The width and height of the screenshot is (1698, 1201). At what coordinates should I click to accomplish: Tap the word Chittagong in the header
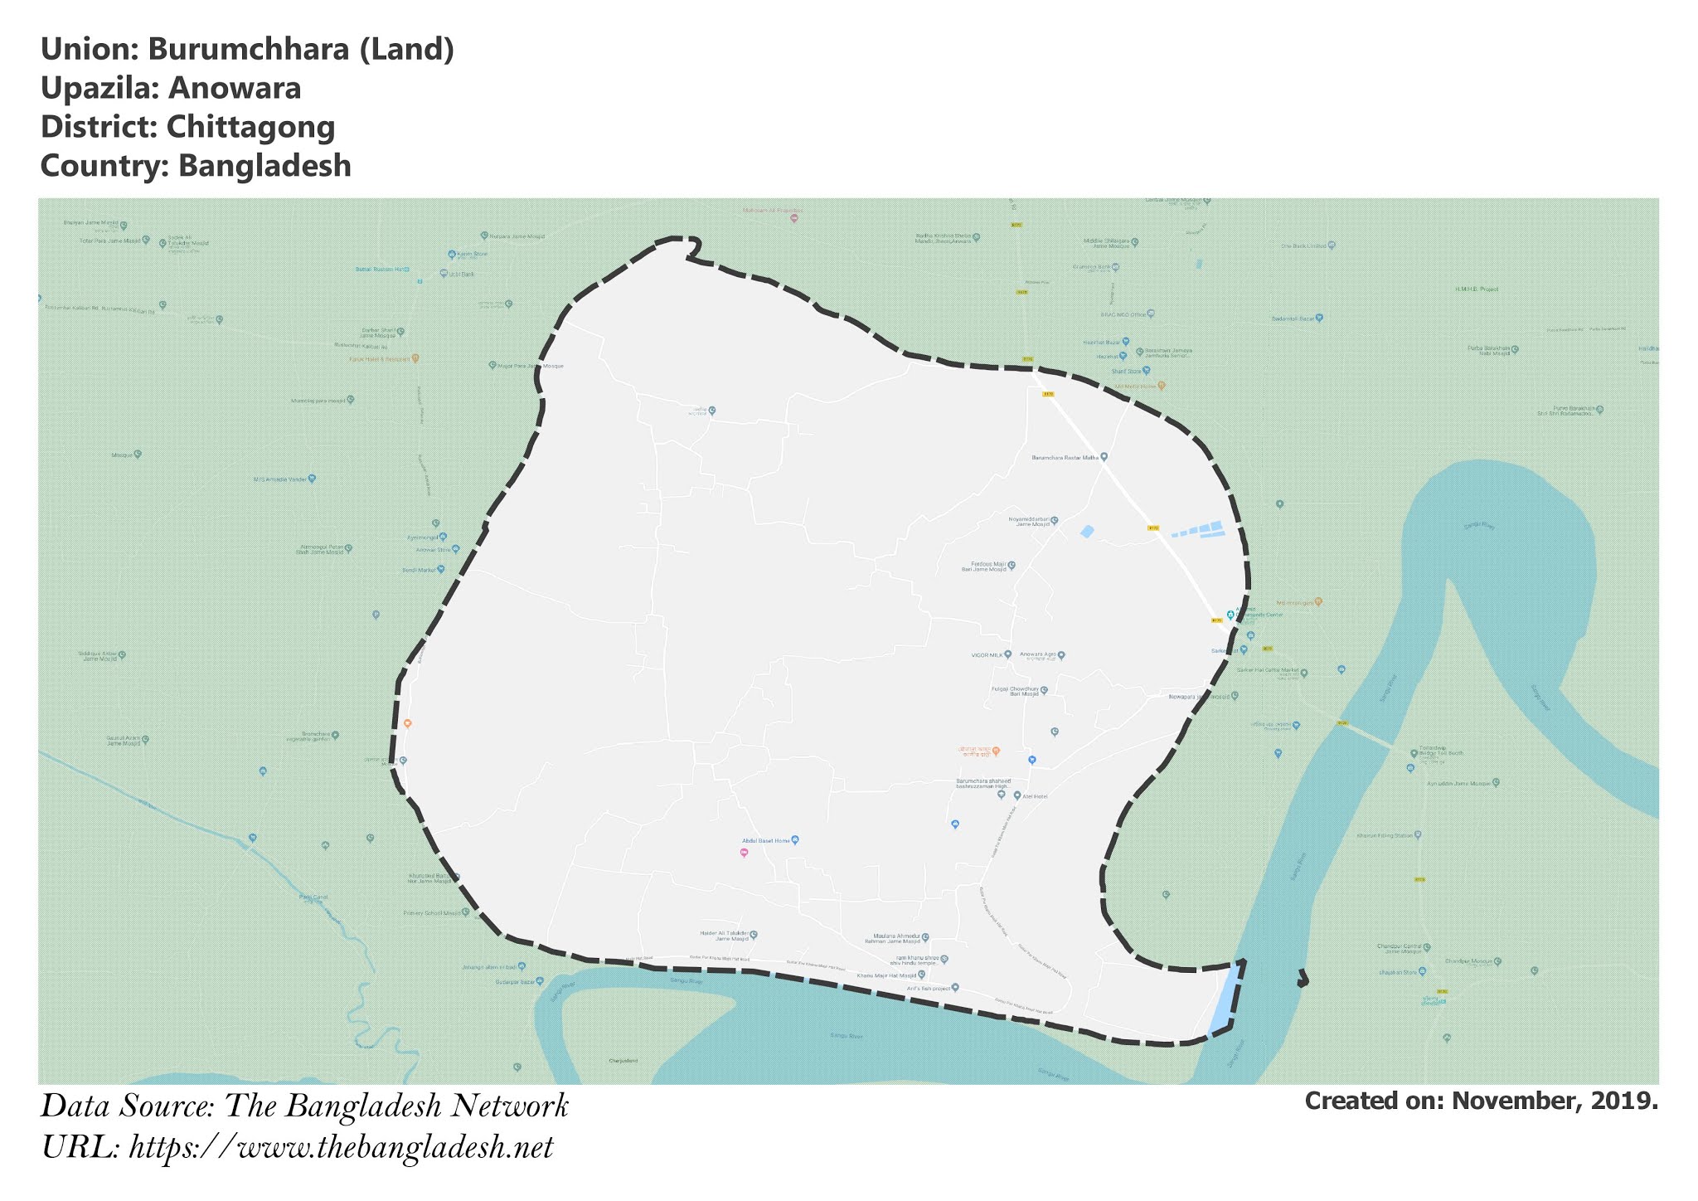[x=250, y=127]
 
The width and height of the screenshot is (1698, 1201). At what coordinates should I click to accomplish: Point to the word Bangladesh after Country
[x=264, y=166]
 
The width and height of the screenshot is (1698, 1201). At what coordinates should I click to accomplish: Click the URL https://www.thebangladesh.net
[x=341, y=1148]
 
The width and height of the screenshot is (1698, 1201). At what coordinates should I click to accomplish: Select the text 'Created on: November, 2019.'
[x=1481, y=1101]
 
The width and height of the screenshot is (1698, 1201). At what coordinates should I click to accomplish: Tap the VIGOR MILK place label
[x=987, y=655]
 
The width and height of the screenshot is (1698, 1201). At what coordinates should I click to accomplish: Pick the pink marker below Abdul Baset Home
[x=744, y=853]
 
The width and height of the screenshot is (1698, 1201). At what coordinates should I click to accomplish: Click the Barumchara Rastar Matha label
[x=1065, y=457]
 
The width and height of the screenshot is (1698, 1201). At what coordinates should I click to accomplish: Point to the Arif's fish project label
[x=929, y=988]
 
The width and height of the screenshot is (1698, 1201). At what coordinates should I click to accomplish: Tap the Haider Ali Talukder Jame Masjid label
[x=725, y=936]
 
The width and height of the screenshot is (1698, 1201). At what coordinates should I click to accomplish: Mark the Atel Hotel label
[x=1035, y=796]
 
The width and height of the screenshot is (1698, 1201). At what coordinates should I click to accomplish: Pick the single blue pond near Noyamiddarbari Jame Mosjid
[x=1087, y=532]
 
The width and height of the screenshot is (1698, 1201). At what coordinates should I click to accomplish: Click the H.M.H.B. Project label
[x=1477, y=289]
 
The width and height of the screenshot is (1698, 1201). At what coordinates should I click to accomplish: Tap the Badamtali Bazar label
[x=1293, y=318]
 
